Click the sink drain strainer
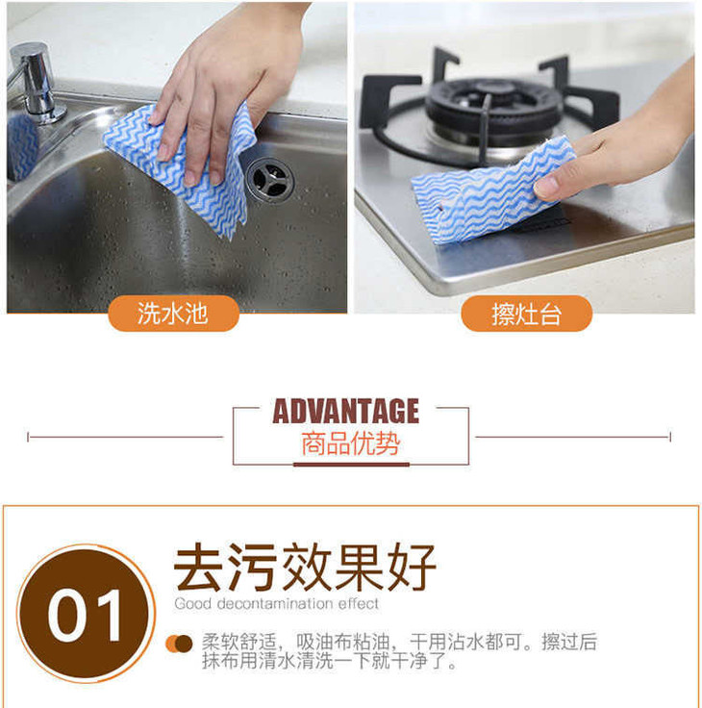click(x=270, y=180)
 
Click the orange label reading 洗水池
click(x=173, y=314)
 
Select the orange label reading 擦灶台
click(x=526, y=314)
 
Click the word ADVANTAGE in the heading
click(x=346, y=411)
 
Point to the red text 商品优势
click(x=350, y=443)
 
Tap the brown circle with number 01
click(x=86, y=613)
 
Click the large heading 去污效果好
click(x=305, y=568)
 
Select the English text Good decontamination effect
click(x=277, y=604)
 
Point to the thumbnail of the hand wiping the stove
click(x=525, y=158)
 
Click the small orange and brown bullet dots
click(x=179, y=644)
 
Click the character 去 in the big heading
click(x=198, y=568)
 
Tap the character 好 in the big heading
click(x=412, y=568)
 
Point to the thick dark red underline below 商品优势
click(x=351, y=465)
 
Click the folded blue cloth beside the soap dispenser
click(x=22, y=146)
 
